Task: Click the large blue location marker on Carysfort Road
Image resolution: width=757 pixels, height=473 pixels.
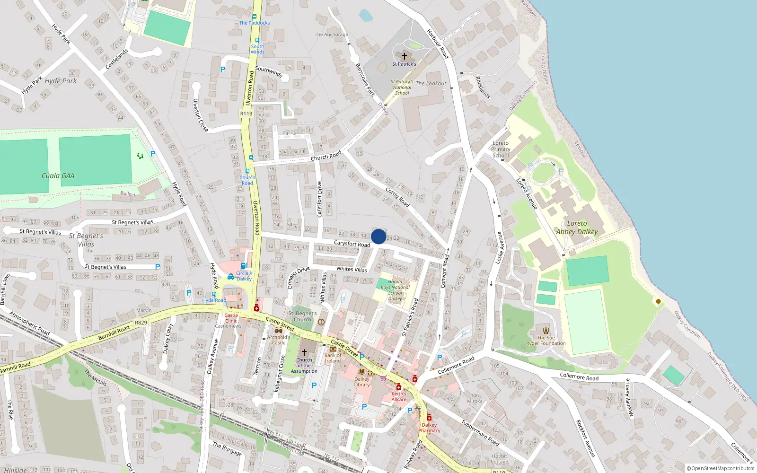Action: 378,236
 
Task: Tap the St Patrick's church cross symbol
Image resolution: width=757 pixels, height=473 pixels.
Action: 404,56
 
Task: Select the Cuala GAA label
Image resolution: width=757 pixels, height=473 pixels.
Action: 58,176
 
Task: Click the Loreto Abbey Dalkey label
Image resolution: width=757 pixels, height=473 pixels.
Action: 577,228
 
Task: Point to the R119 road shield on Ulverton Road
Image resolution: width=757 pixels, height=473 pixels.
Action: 246,114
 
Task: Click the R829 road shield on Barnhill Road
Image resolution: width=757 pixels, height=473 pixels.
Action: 141,323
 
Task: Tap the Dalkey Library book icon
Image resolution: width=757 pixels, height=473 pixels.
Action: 362,371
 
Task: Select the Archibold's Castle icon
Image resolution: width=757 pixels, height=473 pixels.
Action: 279,330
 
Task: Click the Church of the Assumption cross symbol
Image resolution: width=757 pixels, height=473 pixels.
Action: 304,352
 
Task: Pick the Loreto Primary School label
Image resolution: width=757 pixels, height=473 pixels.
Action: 501,149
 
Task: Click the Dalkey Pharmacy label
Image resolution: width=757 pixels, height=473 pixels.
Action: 429,428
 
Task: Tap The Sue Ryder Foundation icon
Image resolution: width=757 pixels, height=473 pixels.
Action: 546,331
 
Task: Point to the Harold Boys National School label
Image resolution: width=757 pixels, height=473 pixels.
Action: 396,290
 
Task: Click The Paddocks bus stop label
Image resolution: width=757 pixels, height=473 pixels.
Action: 254,23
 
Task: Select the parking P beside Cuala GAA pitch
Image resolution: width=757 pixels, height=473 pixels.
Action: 153,154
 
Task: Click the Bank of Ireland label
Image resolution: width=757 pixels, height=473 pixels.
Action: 333,358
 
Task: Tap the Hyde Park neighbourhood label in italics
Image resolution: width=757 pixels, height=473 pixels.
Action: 61,81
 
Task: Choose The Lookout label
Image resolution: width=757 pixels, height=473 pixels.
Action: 431,84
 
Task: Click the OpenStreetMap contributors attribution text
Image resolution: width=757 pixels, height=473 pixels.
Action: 720,469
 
